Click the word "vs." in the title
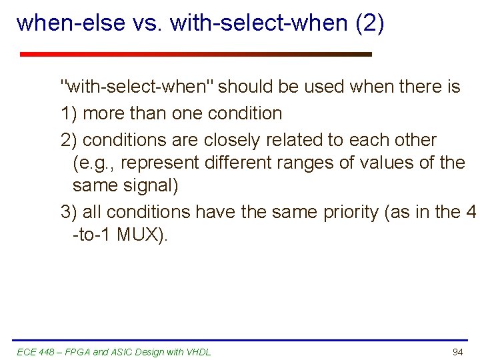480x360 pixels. [x=148, y=23]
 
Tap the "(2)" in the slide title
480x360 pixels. [x=370, y=23]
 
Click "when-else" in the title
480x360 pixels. [x=71, y=23]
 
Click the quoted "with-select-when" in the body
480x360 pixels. [x=137, y=87]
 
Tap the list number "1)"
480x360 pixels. [x=69, y=113]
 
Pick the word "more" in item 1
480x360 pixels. [x=104, y=113]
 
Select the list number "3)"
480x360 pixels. [x=69, y=212]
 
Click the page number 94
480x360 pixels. [x=457, y=351]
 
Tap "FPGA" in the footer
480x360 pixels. [x=75, y=352]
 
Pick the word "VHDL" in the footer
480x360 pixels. [x=199, y=352]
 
